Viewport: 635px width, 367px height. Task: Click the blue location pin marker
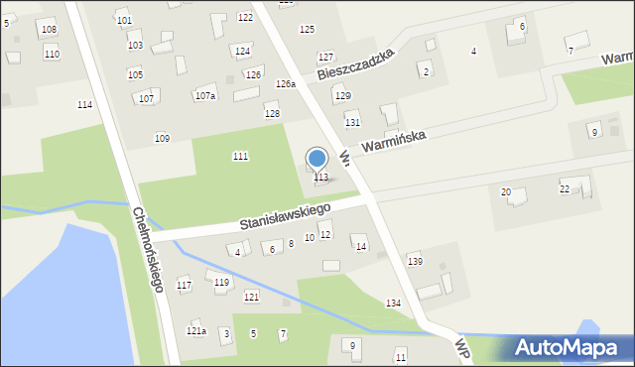click(x=317, y=159)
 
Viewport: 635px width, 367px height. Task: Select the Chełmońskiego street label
click(x=147, y=248)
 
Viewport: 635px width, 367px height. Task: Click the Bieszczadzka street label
click(x=356, y=63)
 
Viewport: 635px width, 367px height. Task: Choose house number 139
click(x=415, y=261)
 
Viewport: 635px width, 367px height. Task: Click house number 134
click(x=394, y=303)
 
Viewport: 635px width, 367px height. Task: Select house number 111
click(x=240, y=157)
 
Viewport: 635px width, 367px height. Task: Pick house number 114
click(x=84, y=104)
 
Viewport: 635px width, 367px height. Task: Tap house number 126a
click(x=286, y=84)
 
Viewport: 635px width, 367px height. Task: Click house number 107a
click(x=205, y=96)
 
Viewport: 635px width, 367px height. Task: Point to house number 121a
click(x=196, y=330)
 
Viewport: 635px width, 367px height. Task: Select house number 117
click(x=184, y=286)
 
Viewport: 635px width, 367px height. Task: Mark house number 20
click(x=505, y=191)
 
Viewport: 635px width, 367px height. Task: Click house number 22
click(x=565, y=188)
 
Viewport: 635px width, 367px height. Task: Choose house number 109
click(x=162, y=138)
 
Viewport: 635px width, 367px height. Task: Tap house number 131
click(x=352, y=122)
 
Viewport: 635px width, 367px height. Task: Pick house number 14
click(x=360, y=246)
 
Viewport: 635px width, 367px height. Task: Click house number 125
click(x=307, y=30)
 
